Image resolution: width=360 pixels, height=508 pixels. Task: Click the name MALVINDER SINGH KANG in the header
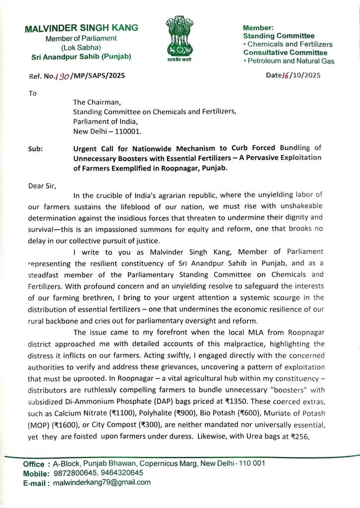[x=81, y=28]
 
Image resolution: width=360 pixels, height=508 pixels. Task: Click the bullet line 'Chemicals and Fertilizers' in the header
[x=289, y=44]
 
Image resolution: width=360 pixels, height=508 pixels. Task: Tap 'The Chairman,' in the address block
[x=94, y=102]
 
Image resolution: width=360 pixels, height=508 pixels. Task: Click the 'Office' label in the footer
[x=34, y=463]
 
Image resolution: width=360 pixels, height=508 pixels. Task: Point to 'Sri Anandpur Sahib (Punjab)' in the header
[x=81, y=57]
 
